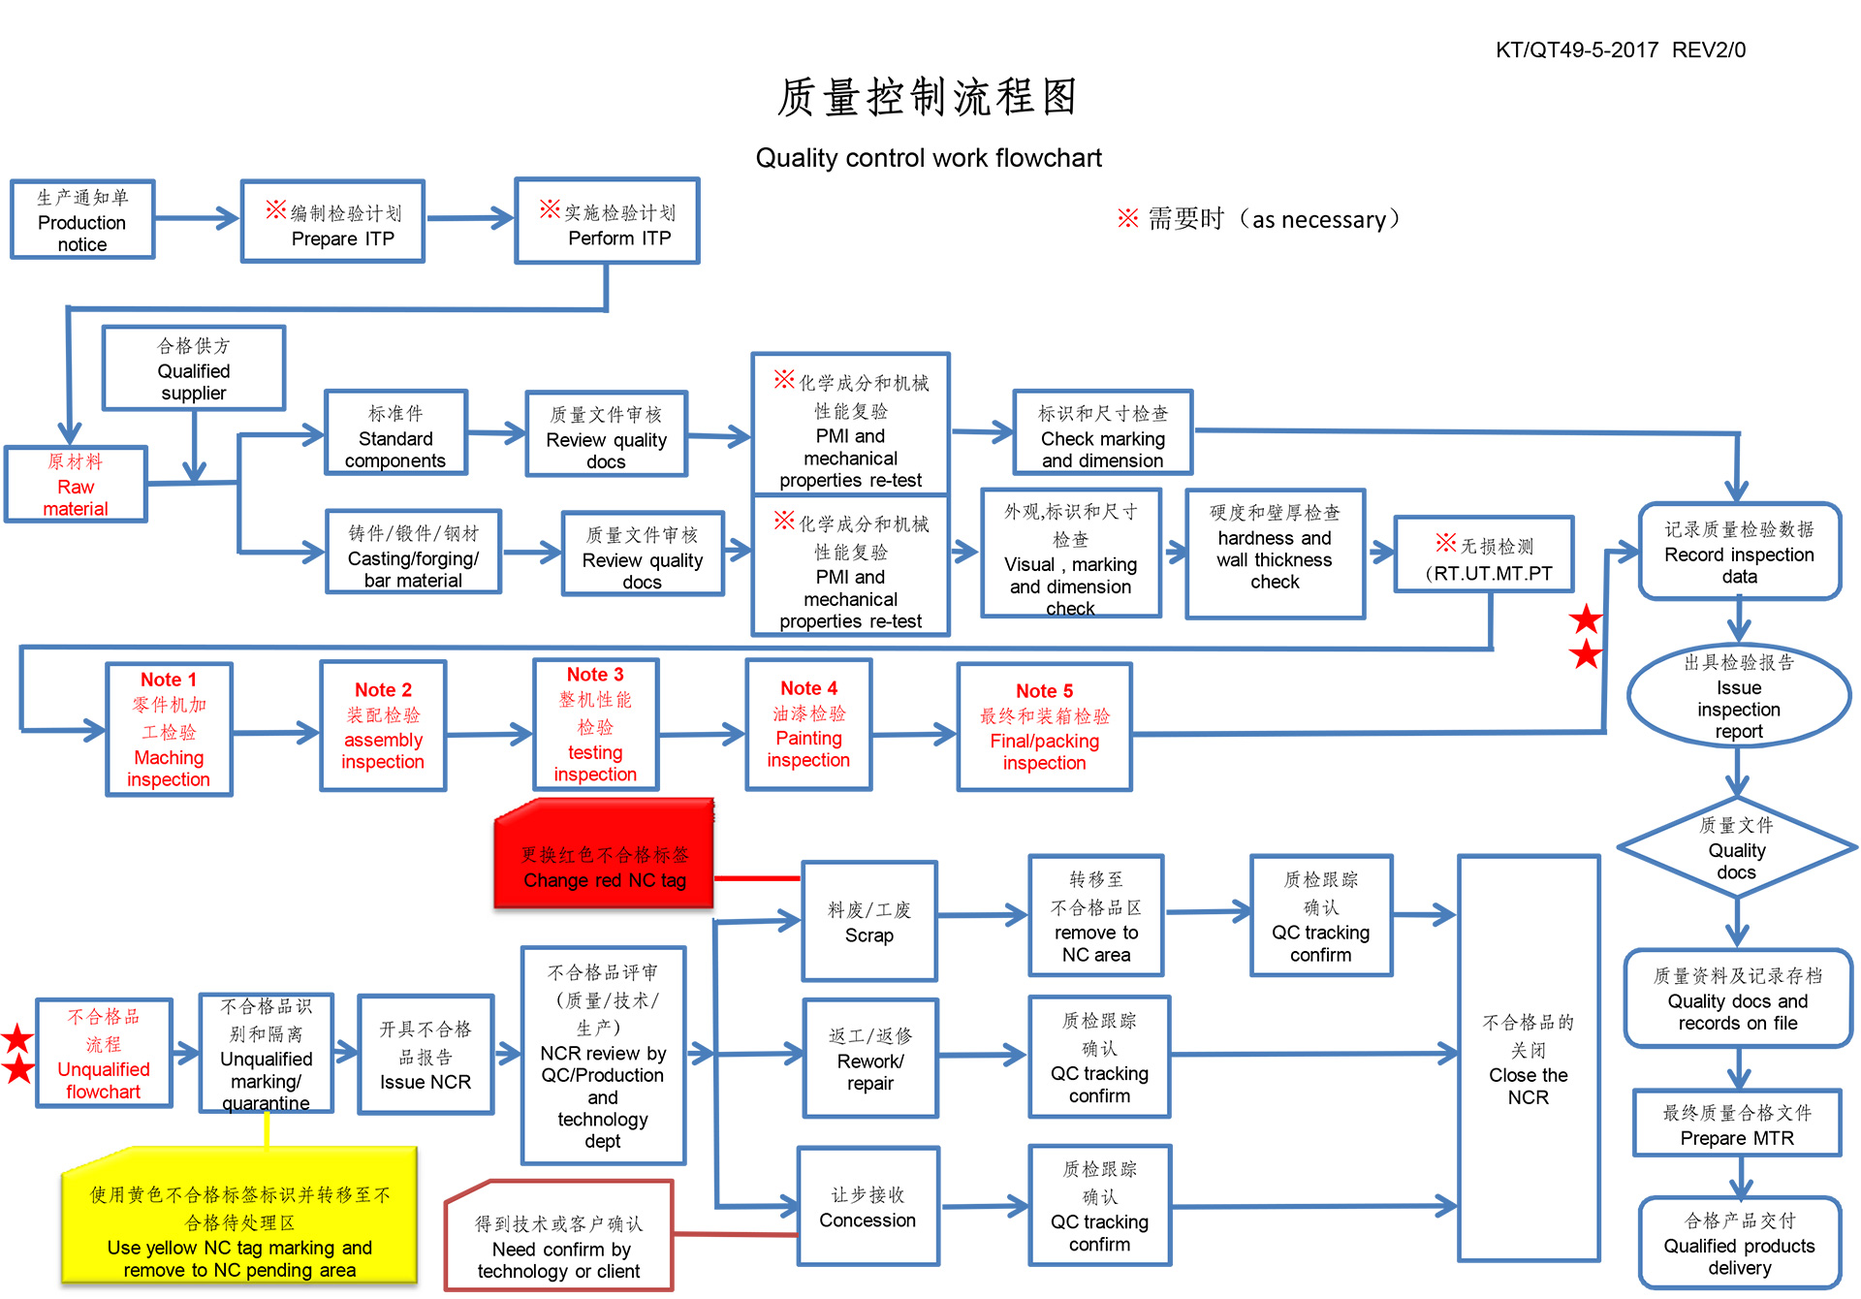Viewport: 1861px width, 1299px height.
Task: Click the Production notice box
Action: (x=82, y=220)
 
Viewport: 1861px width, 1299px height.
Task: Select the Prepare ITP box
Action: (x=333, y=222)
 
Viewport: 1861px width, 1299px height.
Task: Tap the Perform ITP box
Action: (x=608, y=221)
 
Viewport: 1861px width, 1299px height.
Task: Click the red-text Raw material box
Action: (x=76, y=484)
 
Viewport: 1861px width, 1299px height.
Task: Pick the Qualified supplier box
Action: (x=194, y=368)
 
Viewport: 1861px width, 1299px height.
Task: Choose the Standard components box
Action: (x=395, y=433)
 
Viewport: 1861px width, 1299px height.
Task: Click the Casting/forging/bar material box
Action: (x=413, y=553)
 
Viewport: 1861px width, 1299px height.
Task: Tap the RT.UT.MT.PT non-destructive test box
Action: (x=1484, y=554)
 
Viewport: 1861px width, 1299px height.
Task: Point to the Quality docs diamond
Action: (x=1737, y=848)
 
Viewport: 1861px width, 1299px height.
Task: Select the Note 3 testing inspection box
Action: (x=595, y=725)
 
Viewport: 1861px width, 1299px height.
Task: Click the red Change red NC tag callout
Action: (x=604, y=856)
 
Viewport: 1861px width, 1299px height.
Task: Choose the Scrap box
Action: (x=869, y=922)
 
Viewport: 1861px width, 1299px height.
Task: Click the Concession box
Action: (x=867, y=1207)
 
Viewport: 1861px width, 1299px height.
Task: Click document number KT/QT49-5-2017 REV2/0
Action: (x=1621, y=50)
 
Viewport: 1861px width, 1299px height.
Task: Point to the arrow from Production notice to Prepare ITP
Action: (x=197, y=219)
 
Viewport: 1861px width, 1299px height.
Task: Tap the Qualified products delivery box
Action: (x=1739, y=1244)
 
